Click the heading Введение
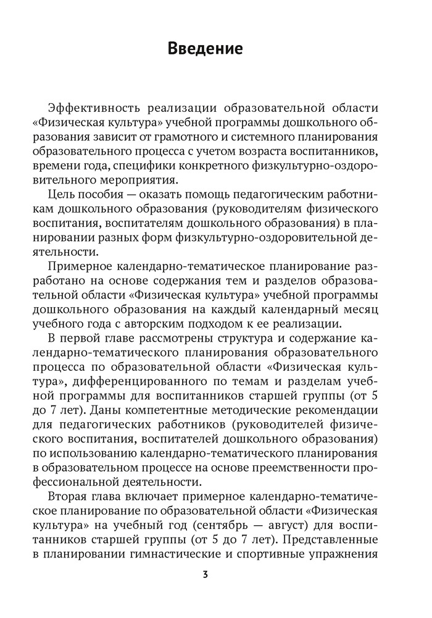[206, 49]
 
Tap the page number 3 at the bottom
[206, 574]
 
